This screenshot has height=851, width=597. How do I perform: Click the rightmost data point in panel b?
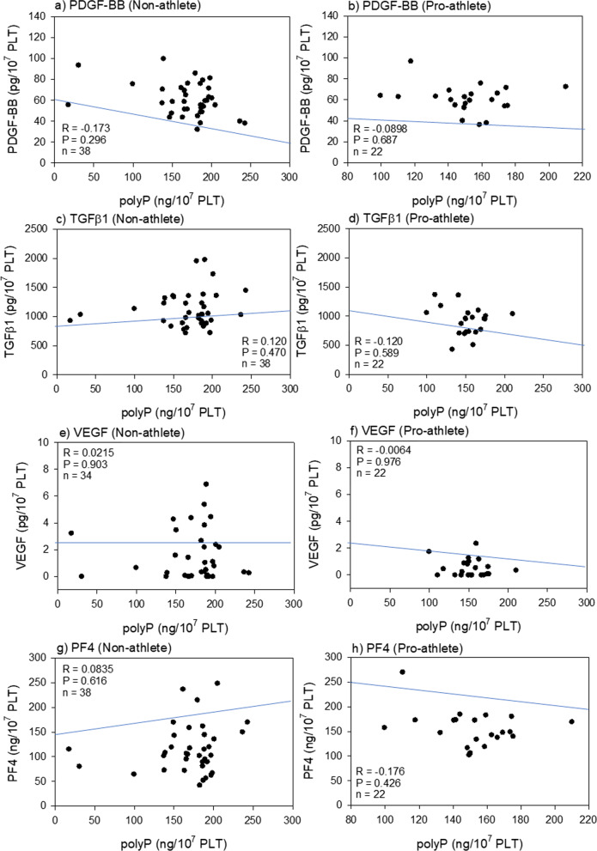coord(565,87)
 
